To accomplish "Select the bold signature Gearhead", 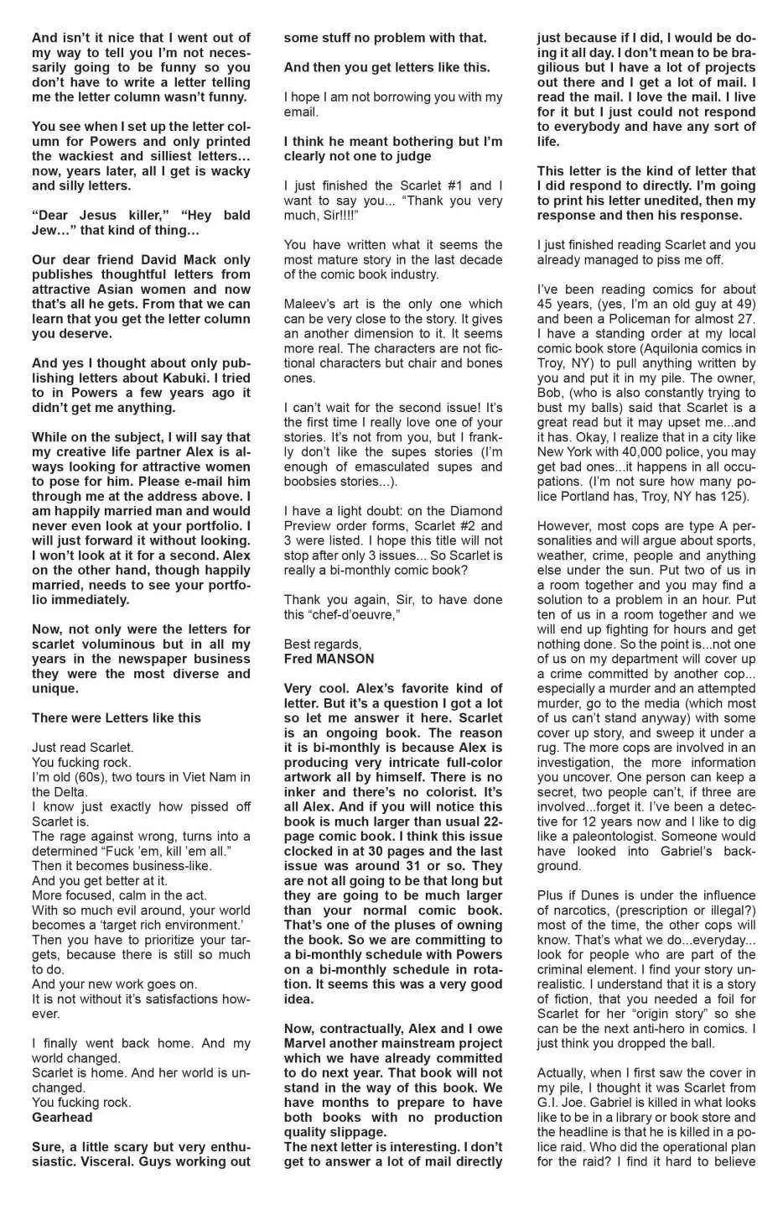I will click(62, 1117).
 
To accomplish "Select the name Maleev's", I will click(310, 304).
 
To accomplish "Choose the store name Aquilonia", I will click(647, 348).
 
